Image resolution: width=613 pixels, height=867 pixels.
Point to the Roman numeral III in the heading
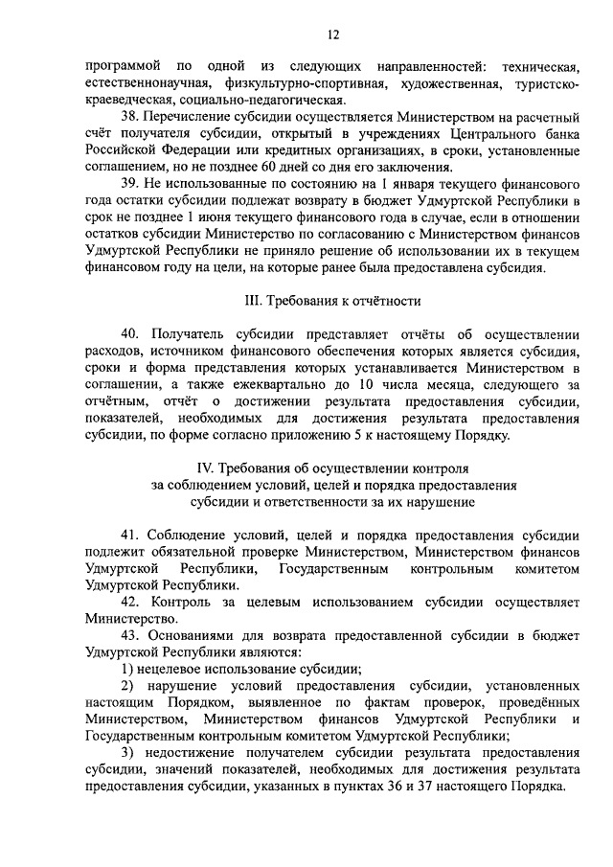point(255,300)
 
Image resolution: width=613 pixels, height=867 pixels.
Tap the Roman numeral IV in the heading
point(204,468)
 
